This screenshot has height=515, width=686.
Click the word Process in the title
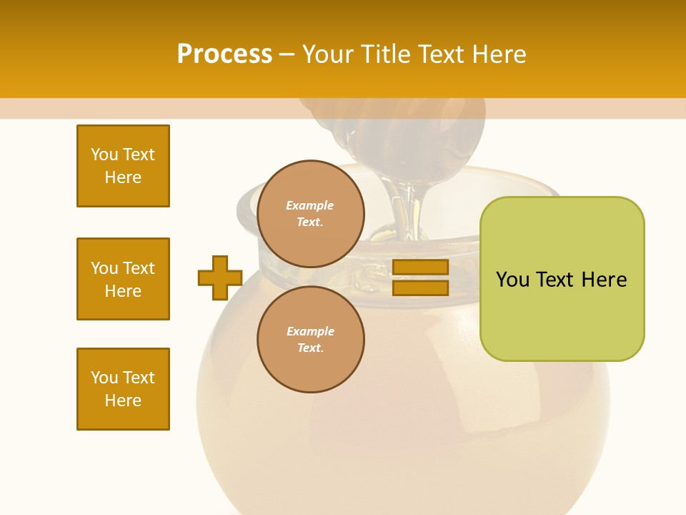pos(224,54)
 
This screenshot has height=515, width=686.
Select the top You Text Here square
pos(123,166)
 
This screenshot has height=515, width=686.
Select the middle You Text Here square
pos(123,279)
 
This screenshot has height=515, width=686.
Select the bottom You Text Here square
pos(123,389)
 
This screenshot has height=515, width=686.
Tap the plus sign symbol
pos(220,278)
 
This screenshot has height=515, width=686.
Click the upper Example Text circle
pos(310,213)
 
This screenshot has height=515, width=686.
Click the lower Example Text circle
pos(310,339)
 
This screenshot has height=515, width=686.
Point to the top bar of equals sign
pos(420,268)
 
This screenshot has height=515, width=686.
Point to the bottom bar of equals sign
pos(420,288)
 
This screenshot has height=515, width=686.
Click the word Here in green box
pos(604,280)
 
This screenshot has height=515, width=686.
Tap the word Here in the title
pos(499,54)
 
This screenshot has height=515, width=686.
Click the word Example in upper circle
pos(310,205)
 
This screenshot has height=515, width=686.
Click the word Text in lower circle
pos(310,348)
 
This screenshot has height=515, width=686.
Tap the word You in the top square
pos(104,154)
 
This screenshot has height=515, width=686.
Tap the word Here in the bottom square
pos(123,401)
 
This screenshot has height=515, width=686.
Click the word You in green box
pos(512,280)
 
